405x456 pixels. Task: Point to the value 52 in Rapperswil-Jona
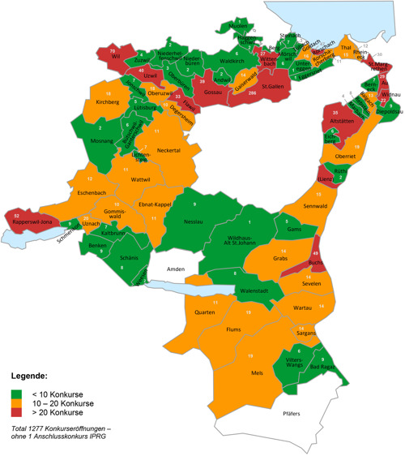tap(17, 215)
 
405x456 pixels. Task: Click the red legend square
tap(16, 413)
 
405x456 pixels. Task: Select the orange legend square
tap(16, 403)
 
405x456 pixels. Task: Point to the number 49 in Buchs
tap(315, 255)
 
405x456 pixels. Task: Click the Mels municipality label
tap(258, 373)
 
